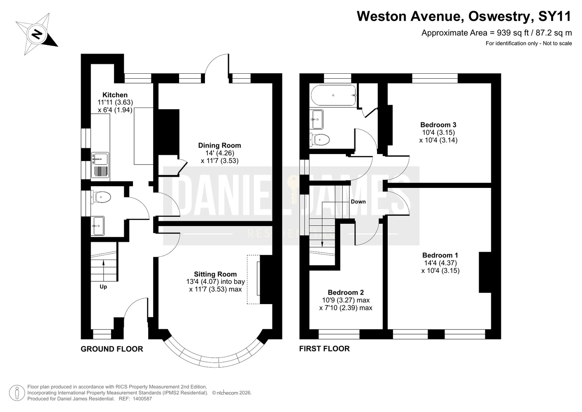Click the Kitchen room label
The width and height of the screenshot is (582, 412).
click(115, 95)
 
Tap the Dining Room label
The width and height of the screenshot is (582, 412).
click(219, 145)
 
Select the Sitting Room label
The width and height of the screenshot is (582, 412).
click(215, 274)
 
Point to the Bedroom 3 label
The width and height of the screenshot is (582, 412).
click(438, 125)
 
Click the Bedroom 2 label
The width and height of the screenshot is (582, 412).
click(346, 293)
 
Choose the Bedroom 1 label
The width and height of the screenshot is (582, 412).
click(440, 255)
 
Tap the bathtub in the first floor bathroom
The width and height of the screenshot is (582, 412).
click(333, 95)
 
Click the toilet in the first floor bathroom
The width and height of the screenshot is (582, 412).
click(319, 140)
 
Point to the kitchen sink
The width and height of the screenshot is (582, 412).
click(100, 159)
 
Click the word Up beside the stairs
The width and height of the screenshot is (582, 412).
click(103, 287)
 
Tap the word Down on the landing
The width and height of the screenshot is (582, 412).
click(358, 201)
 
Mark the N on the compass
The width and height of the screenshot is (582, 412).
click(37, 34)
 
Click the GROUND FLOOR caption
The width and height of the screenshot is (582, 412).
click(112, 349)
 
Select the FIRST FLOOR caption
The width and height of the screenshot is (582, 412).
click(324, 349)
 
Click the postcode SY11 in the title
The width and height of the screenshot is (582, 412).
click(555, 16)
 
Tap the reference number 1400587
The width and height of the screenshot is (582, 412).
click(142, 399)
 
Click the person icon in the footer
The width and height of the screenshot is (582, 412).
click(17, 393)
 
